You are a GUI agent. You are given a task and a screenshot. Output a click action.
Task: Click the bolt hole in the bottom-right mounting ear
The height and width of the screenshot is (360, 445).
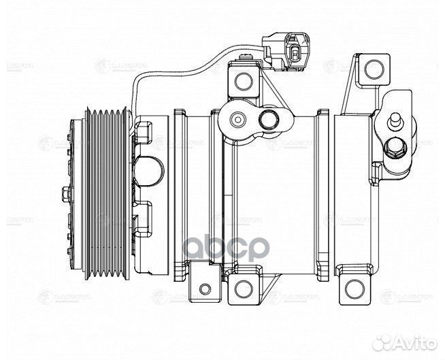[352, 288]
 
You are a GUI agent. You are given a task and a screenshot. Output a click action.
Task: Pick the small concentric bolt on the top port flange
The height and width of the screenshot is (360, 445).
[235, 120]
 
